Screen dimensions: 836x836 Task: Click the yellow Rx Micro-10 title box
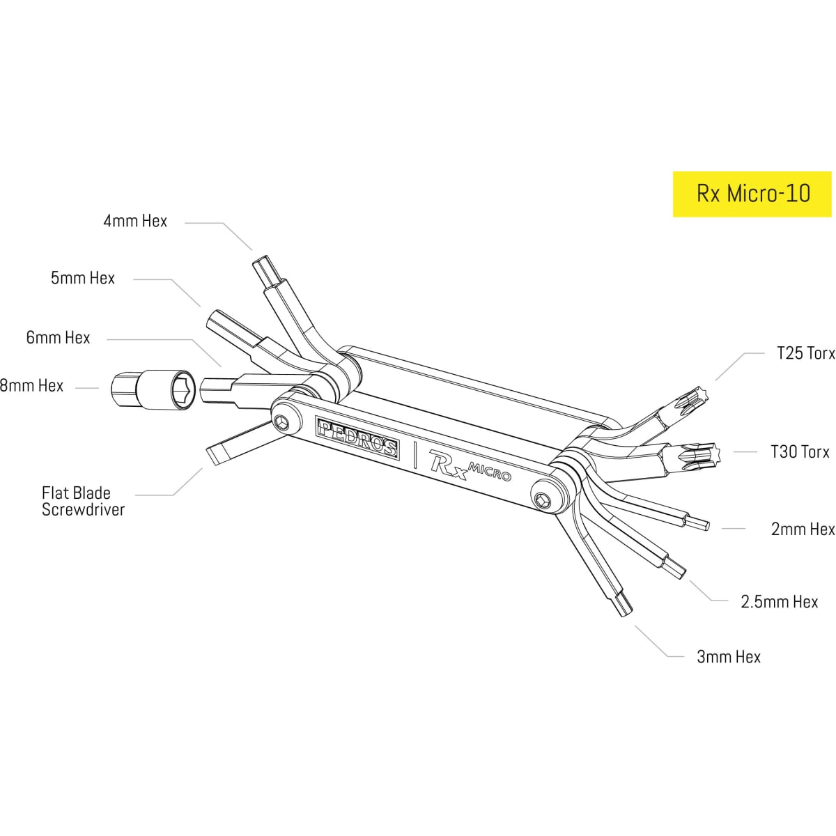click(752, 193)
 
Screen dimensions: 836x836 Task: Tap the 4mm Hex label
click(135, 222)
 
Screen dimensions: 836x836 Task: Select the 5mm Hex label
click(82, 278)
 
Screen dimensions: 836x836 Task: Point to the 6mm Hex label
click(58, 338)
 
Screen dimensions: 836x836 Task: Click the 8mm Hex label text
click(32, 385)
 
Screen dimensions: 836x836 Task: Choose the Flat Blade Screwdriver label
click(83, 501)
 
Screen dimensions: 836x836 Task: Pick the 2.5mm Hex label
click(779, 601)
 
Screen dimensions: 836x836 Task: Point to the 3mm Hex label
click(729, 656)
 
